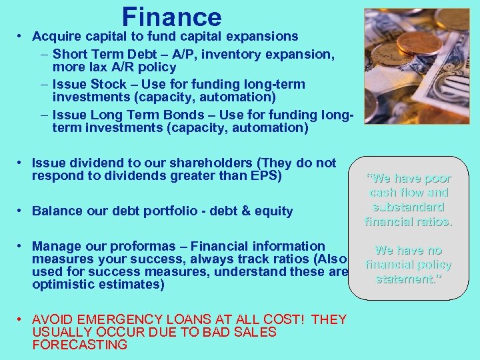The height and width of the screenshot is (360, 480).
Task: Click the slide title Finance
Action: tap(171, 17)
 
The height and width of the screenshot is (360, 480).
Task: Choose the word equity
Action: tap(273, 211)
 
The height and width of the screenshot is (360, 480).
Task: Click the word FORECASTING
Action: tap(79, 345)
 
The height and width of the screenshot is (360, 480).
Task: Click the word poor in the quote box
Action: tap(435, 179)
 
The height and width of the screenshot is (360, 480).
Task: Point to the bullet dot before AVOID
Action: tap(22, 319)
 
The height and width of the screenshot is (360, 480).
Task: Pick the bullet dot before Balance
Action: tap(22, 211)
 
